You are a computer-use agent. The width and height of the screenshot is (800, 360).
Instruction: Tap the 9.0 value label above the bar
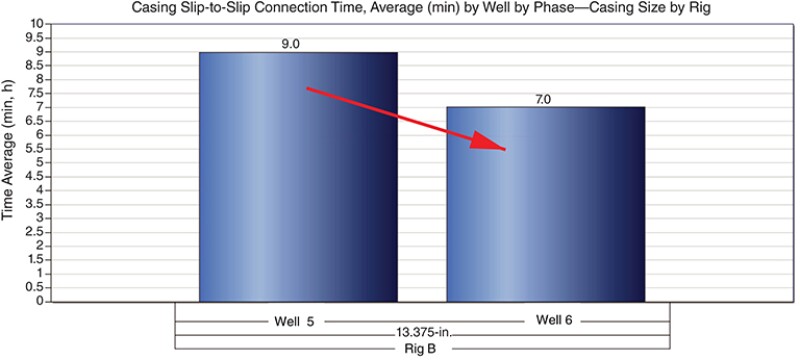[x=292, y=43]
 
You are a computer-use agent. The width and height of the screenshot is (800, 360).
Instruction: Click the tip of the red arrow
[x=505, y=149]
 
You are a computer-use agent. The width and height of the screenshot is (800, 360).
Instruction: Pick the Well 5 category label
[x=297, y=321]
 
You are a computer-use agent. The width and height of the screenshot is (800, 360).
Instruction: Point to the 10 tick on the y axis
[x=38, y=23]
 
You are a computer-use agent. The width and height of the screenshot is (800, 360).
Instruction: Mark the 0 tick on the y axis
[x=41, y=301]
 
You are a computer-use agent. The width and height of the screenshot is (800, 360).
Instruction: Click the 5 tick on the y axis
[x=41, y=162]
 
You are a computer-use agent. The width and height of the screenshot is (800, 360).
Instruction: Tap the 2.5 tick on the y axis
[x=38, y=231]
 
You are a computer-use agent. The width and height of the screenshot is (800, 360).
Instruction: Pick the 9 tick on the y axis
[x=41, y=51]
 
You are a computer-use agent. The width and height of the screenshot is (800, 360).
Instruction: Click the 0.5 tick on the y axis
[x=38, y=287]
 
